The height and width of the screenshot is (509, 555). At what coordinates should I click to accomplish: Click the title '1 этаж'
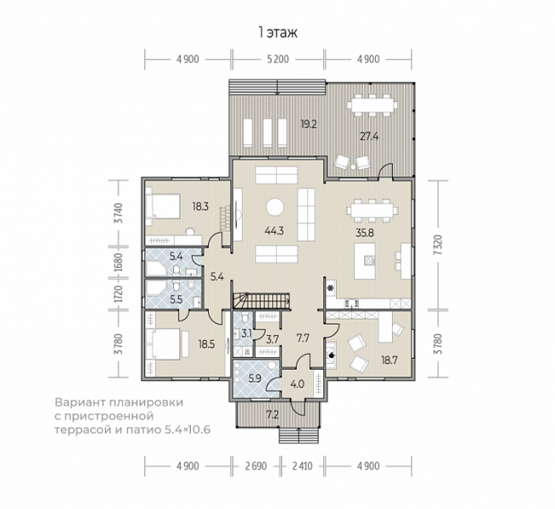click(277, 32)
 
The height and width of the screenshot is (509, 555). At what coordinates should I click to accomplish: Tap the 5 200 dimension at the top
click(277, 59)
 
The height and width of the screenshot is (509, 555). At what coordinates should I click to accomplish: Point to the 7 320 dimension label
click(438, 245)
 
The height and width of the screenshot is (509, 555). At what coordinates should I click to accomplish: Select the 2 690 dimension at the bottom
click(255, 466)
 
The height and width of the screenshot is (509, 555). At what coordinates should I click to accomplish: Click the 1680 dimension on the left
click(118, 262)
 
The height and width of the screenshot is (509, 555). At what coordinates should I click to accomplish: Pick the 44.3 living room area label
click(274, 231)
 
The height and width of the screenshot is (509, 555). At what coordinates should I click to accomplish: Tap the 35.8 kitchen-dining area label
click(365, 233)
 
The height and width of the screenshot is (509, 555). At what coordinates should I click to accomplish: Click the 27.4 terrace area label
click(369, 137)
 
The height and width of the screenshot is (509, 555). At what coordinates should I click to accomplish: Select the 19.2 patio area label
click(309, 125)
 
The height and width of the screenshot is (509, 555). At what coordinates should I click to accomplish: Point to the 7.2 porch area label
click(272, 415)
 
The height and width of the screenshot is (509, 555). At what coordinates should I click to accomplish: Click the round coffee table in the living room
click(275, 207)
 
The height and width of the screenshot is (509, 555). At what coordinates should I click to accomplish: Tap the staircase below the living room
click(261, 300)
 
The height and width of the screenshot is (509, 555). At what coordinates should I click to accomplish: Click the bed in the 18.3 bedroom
click(163, 207)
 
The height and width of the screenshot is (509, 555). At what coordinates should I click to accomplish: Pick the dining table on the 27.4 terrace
click(371, 105)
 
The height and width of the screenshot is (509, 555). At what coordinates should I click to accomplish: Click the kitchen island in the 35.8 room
click(365, 261)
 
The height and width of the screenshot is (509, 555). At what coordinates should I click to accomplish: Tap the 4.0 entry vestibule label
click(297, 384)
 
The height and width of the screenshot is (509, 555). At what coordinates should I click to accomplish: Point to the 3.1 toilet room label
click(246, 333)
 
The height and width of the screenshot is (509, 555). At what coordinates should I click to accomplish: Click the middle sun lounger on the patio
click(266, 132)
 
